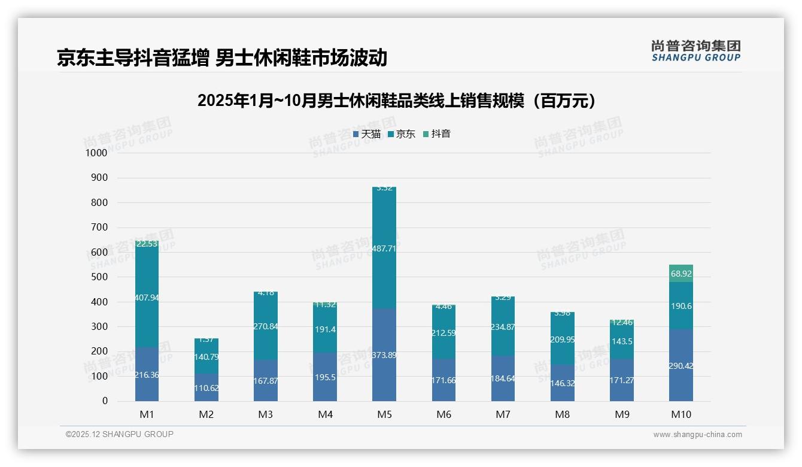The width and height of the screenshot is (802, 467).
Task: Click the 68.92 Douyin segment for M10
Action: (x=681, y=274)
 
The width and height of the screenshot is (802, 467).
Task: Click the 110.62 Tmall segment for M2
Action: (x=206, y=387)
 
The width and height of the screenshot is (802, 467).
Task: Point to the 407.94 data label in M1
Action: (x=147, y=298)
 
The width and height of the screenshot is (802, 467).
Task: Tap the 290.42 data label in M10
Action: (x=681, y=366)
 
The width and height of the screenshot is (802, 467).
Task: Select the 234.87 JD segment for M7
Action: (x=503, y=327)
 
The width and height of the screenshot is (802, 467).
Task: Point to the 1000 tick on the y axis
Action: (x=96, y=153)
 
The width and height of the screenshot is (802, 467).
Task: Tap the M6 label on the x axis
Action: (x=443, y=415)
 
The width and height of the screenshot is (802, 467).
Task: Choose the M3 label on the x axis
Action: (x=266, y=415)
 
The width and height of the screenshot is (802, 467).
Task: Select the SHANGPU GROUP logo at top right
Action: (x=695, y=51)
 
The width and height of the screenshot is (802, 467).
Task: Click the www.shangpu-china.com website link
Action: (x=697, y=435)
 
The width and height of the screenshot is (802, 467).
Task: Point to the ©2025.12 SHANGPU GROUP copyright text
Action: (x=120, y=434)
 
